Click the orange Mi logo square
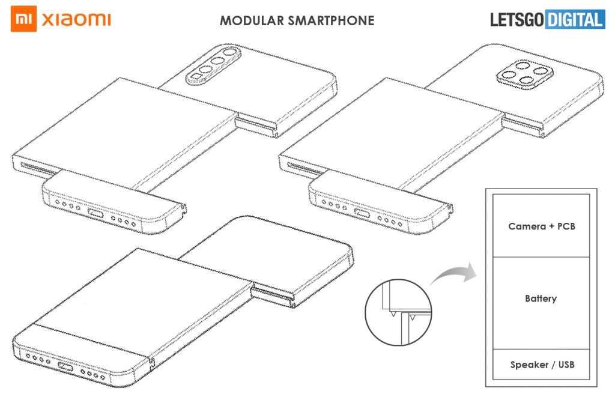[22, 20]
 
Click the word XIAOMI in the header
[76, 20]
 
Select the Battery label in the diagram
[541, 299]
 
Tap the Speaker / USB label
[541, 365]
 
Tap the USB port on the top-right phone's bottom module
[362, 213]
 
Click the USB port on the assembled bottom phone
[65, 366]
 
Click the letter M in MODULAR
[225, 21]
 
